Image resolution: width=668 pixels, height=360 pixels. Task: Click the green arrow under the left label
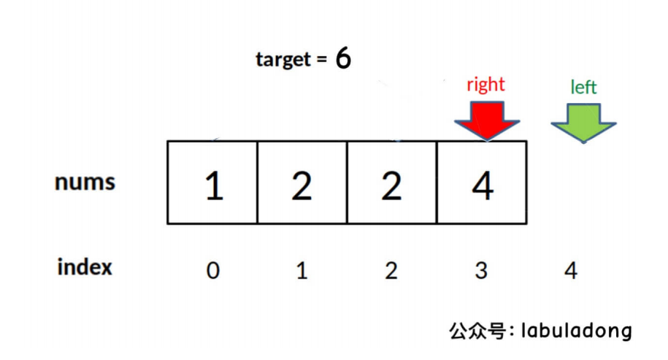click(583, 121)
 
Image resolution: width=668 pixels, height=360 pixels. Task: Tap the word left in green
click(583, 88)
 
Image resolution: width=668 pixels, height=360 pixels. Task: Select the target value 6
click(343, 59)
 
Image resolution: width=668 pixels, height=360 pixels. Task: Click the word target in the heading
click(283, 59)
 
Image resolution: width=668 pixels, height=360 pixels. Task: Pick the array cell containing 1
click(212, 183)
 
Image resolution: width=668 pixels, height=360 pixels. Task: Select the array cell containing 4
click(482, 183)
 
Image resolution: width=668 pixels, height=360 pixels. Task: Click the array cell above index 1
click(302, 183)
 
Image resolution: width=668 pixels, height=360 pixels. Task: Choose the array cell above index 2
click(392, 183)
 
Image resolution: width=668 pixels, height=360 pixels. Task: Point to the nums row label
click(85, 182)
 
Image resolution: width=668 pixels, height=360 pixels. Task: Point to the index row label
click(85, 267)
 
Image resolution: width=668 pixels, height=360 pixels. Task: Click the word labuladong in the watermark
click(576, 331)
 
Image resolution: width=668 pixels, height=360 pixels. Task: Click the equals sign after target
click(321, 61)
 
